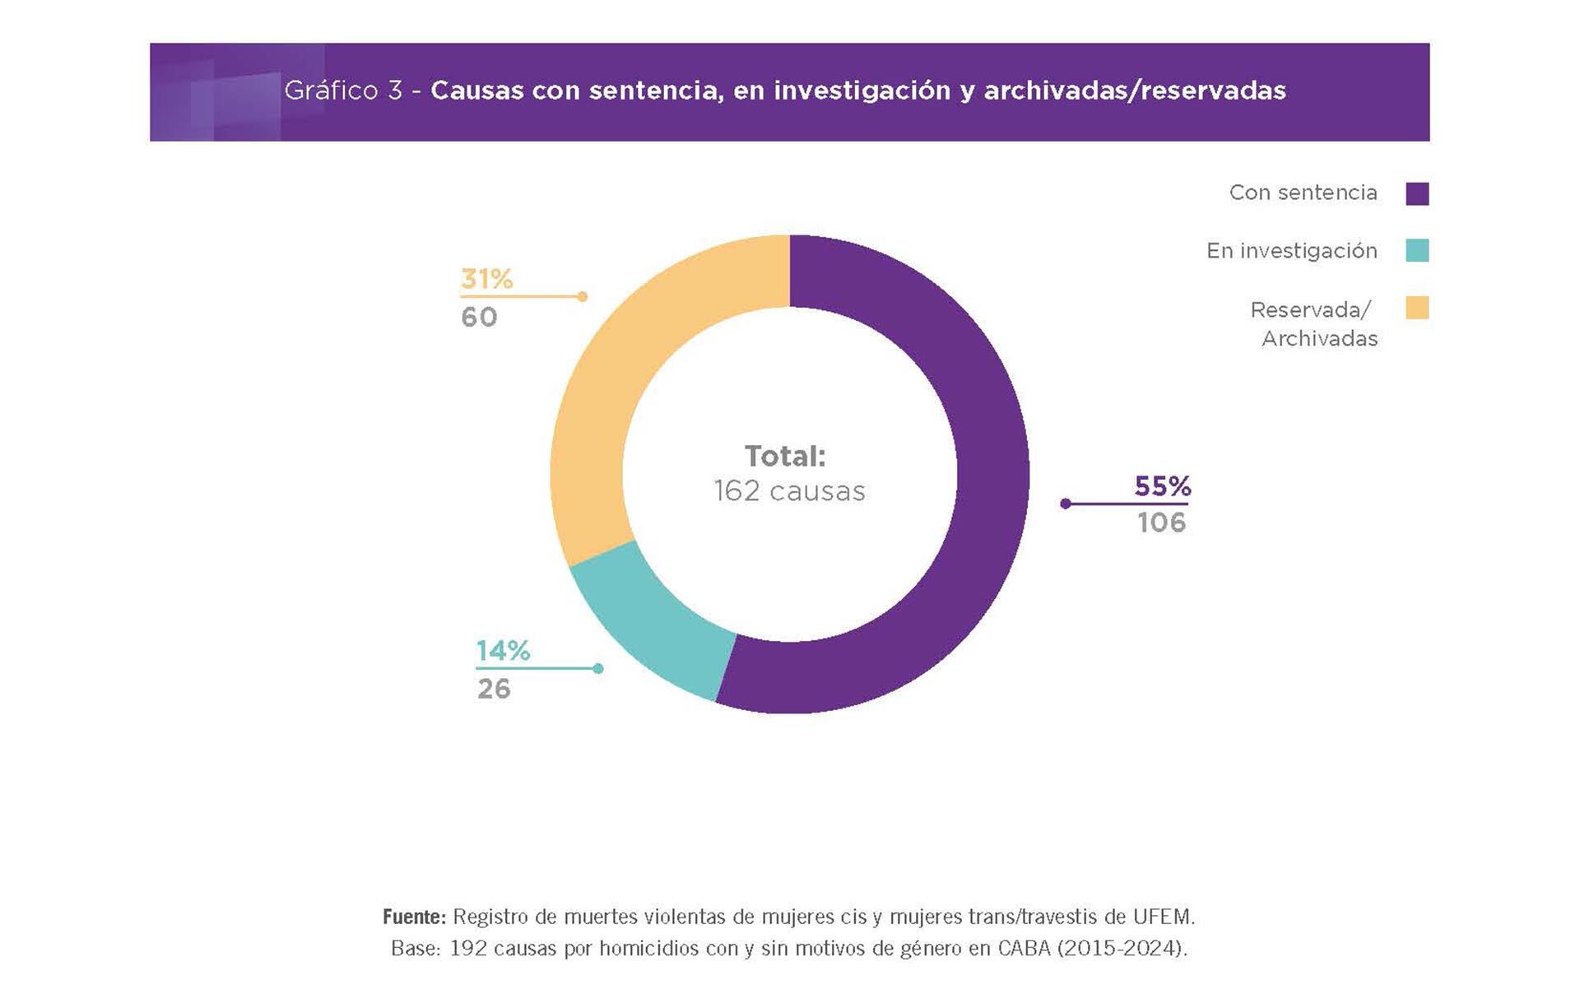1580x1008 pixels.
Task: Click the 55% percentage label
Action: click(x=1162, y=486)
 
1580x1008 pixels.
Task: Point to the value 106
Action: click(x=1161, y=523)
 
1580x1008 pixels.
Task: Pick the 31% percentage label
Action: click(x=486, y=279)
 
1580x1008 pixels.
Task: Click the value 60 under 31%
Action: click(x=479, y=317)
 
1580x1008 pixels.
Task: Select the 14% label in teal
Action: click(x=503, y=651)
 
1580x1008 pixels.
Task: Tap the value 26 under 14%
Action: click(x=494, y=689)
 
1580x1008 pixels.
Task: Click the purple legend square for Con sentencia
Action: click(x=1417, y=193)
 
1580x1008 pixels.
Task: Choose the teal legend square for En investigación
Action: click(x=1417, y=250)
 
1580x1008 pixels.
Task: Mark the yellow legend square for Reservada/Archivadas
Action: click(x=1417, y=308)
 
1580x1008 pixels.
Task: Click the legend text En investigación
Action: click(x=1291, y=251)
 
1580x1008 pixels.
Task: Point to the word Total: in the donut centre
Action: click(x=784, y=456)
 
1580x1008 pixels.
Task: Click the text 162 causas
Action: click(x=789, y=491)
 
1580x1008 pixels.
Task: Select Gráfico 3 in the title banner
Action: click(x=342, y=91)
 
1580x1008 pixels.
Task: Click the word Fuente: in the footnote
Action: click(x=414, y=916)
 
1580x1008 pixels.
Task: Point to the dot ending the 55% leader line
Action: click(x=1066, y=504)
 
